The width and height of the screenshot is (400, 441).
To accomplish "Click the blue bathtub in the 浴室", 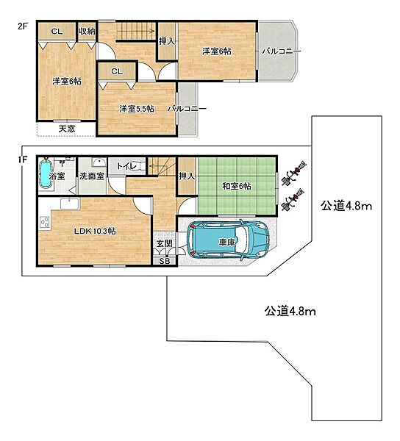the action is (x=46, y=173).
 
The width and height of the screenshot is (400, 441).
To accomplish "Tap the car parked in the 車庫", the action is (x=228, y=240).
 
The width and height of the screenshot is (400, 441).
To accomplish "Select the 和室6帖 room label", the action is (x=237, y=186).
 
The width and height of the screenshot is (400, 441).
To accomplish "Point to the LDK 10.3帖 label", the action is (x=95, y=232).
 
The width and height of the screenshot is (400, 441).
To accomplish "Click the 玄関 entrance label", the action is (x=165, y=243).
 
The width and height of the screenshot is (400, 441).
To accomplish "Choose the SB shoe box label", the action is (x=165, y=261).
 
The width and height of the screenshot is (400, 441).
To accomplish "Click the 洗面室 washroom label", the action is (x=92, y=176).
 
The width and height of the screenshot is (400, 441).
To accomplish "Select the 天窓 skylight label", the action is (x=67, y=129).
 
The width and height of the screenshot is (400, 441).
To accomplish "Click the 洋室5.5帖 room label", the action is (x=137, y=109).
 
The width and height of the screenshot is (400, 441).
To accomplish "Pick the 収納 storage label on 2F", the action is (x=87, y=31).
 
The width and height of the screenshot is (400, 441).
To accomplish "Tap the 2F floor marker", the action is (x=23, y=26).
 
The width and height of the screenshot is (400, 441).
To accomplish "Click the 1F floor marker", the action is (x=23, y=160).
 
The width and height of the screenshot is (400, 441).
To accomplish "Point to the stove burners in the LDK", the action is (x=44, y=222).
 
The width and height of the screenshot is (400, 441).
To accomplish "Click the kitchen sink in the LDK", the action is (x=70, y=204).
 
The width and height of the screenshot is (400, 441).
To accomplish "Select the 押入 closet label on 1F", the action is (x=187, y=176).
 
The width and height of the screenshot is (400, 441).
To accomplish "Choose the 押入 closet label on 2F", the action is (x=167, y=42).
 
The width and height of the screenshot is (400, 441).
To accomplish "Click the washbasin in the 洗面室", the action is (x=99, y=162).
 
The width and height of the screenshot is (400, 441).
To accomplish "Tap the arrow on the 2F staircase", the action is (x=136, y=31).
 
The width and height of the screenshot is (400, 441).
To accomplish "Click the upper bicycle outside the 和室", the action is (x=295, y=172).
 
